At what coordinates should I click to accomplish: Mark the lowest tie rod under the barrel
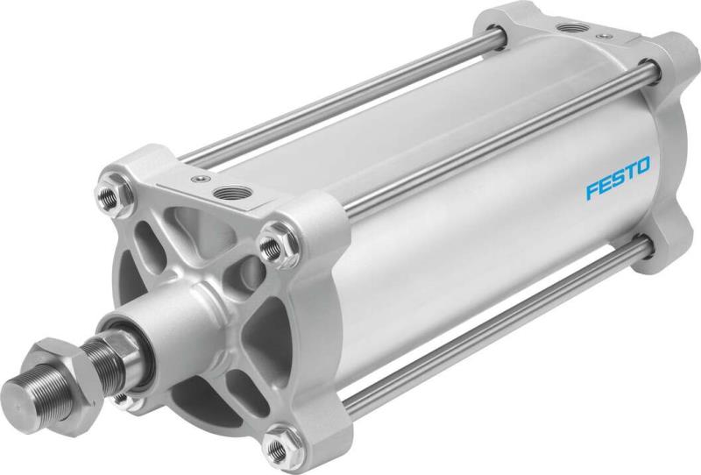(x=491, y=324)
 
